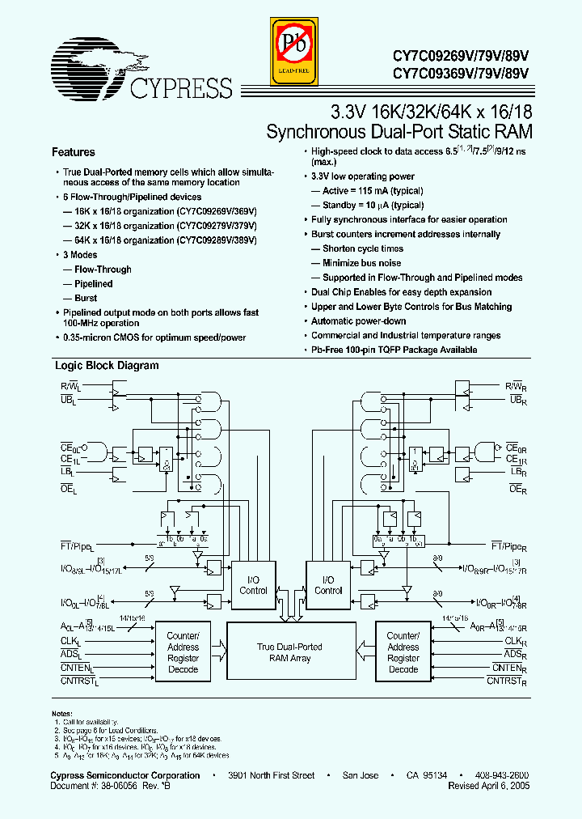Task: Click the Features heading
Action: tap(74, 152)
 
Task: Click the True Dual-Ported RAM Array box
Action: tap(289, 652)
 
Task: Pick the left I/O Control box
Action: tap(253, 585)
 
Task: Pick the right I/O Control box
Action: tap(328, 585)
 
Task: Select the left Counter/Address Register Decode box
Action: tap(183, 652)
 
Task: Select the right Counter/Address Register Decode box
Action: tap(403, 652)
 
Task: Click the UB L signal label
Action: tap(67, 401)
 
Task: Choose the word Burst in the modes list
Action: tap(86, 298)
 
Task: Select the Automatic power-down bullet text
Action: tap(358, 321)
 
